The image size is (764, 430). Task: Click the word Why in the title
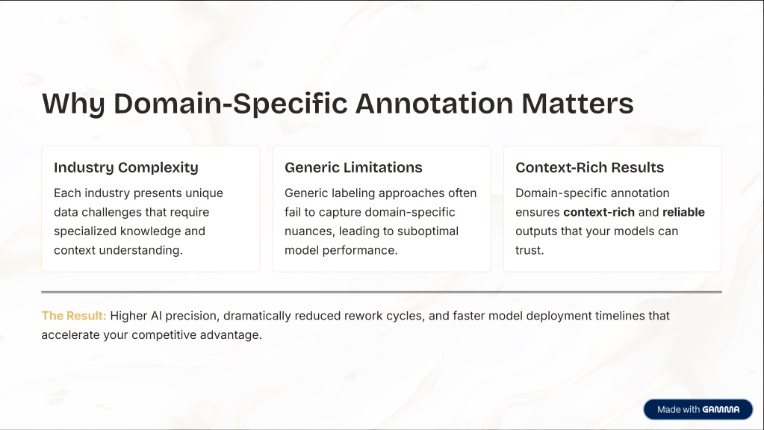point(73,104)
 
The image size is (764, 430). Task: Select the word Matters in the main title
point(577,103)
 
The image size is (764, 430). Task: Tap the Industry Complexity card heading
point(126,167)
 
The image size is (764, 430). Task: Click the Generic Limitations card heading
point(353,167)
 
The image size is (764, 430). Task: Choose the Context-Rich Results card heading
point(589,167)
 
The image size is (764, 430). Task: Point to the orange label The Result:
point(74,316)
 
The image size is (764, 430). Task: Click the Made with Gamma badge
point(698,410)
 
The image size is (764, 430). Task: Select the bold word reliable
point(683,212)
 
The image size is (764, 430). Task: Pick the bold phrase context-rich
point(599,212)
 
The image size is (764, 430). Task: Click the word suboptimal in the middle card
point(428,231)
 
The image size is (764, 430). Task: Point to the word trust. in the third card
point(529,250)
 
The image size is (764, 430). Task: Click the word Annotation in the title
point(435,103)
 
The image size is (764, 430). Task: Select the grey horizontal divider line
point(382,292)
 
